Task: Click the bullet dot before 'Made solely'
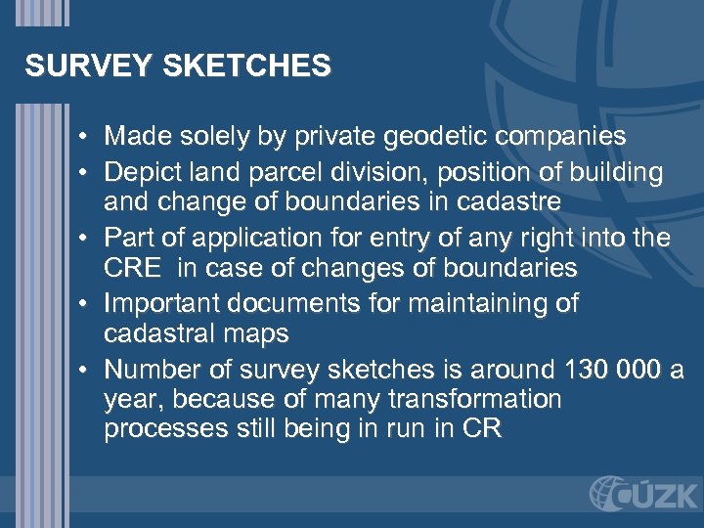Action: (88, 136)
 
